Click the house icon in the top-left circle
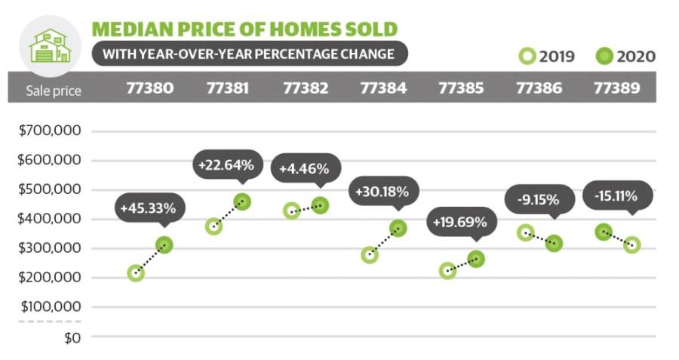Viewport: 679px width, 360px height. pyautogui.click(x=49, y=45)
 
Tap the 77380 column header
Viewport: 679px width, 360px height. pyautogui.click(x=150, y=88)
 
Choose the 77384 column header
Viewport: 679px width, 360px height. pyautogui.click(x=383, y=88)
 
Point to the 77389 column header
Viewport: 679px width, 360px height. pyautogui.click(x=616, y=88)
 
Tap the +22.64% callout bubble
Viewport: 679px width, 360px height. pyautogui.click(x=226, y=164)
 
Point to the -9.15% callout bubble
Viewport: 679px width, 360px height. pyautogui.click(x=537, y=200)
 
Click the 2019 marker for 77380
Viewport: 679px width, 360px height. pyautogui.click(x=136, y=273)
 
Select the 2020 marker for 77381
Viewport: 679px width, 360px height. pyautogui.click(x=242, y=202)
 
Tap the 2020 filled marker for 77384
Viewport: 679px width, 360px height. pyautogui.click(x=398, y=228)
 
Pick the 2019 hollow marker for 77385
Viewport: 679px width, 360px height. pyautogui.click(x=447, y=270)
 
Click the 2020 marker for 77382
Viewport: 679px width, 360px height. pyautogui.click(x=320, y=205)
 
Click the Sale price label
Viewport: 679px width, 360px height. pyautogui.click(x=53, y=91)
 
